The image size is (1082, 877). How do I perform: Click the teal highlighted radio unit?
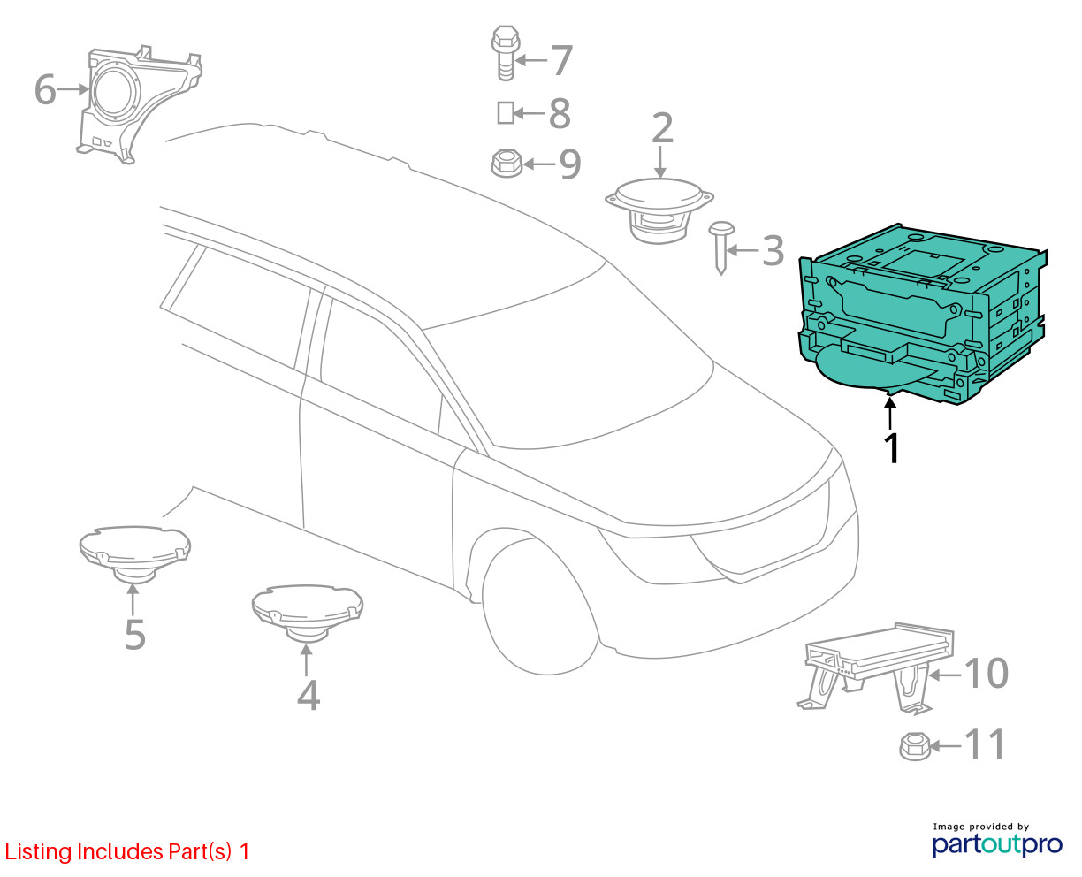point(919,317)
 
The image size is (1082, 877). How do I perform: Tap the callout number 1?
point(892,448)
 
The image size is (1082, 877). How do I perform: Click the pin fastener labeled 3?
point(721,248)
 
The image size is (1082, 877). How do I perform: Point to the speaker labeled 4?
point(308,613)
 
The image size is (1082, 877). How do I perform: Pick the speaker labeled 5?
point(134,553)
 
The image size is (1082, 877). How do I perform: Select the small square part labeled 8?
point(506,113)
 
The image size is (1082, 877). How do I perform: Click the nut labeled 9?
point(507,163)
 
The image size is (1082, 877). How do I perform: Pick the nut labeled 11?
point(915,746)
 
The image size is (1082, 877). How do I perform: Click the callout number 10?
point(986,674)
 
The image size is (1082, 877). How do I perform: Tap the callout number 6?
point(45,89)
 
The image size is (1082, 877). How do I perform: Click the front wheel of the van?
point(539,607)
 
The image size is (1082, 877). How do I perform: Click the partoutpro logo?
point(996,844)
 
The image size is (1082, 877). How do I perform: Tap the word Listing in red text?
point(37,852)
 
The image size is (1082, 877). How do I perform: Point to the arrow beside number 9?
point(539,164)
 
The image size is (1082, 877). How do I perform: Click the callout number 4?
point(309,695)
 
